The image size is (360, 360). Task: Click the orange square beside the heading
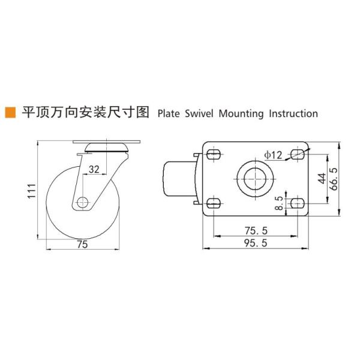click(x=10, y=112)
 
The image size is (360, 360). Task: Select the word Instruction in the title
click(x=292, y=113)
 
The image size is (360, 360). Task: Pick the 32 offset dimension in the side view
click(x=94, y=170)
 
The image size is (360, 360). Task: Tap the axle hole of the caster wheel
click(x=82, y=202)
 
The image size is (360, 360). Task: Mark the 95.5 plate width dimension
click(x=255, y=242)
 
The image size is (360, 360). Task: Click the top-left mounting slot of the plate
click(x=214, y=154)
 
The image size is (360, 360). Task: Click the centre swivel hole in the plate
click(x=255, y=178)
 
